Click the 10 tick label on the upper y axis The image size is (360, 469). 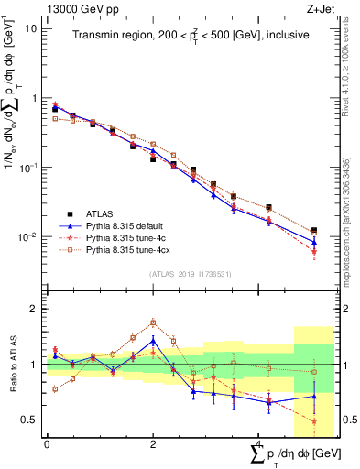tap(30, 28)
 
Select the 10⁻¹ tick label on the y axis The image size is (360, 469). tap(27, 169)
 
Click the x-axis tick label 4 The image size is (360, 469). tap(258, 444)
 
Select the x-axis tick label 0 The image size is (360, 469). tap(47, 444)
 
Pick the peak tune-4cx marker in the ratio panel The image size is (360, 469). tap(153, 322)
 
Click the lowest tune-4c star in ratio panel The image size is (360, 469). tap(314, 422)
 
